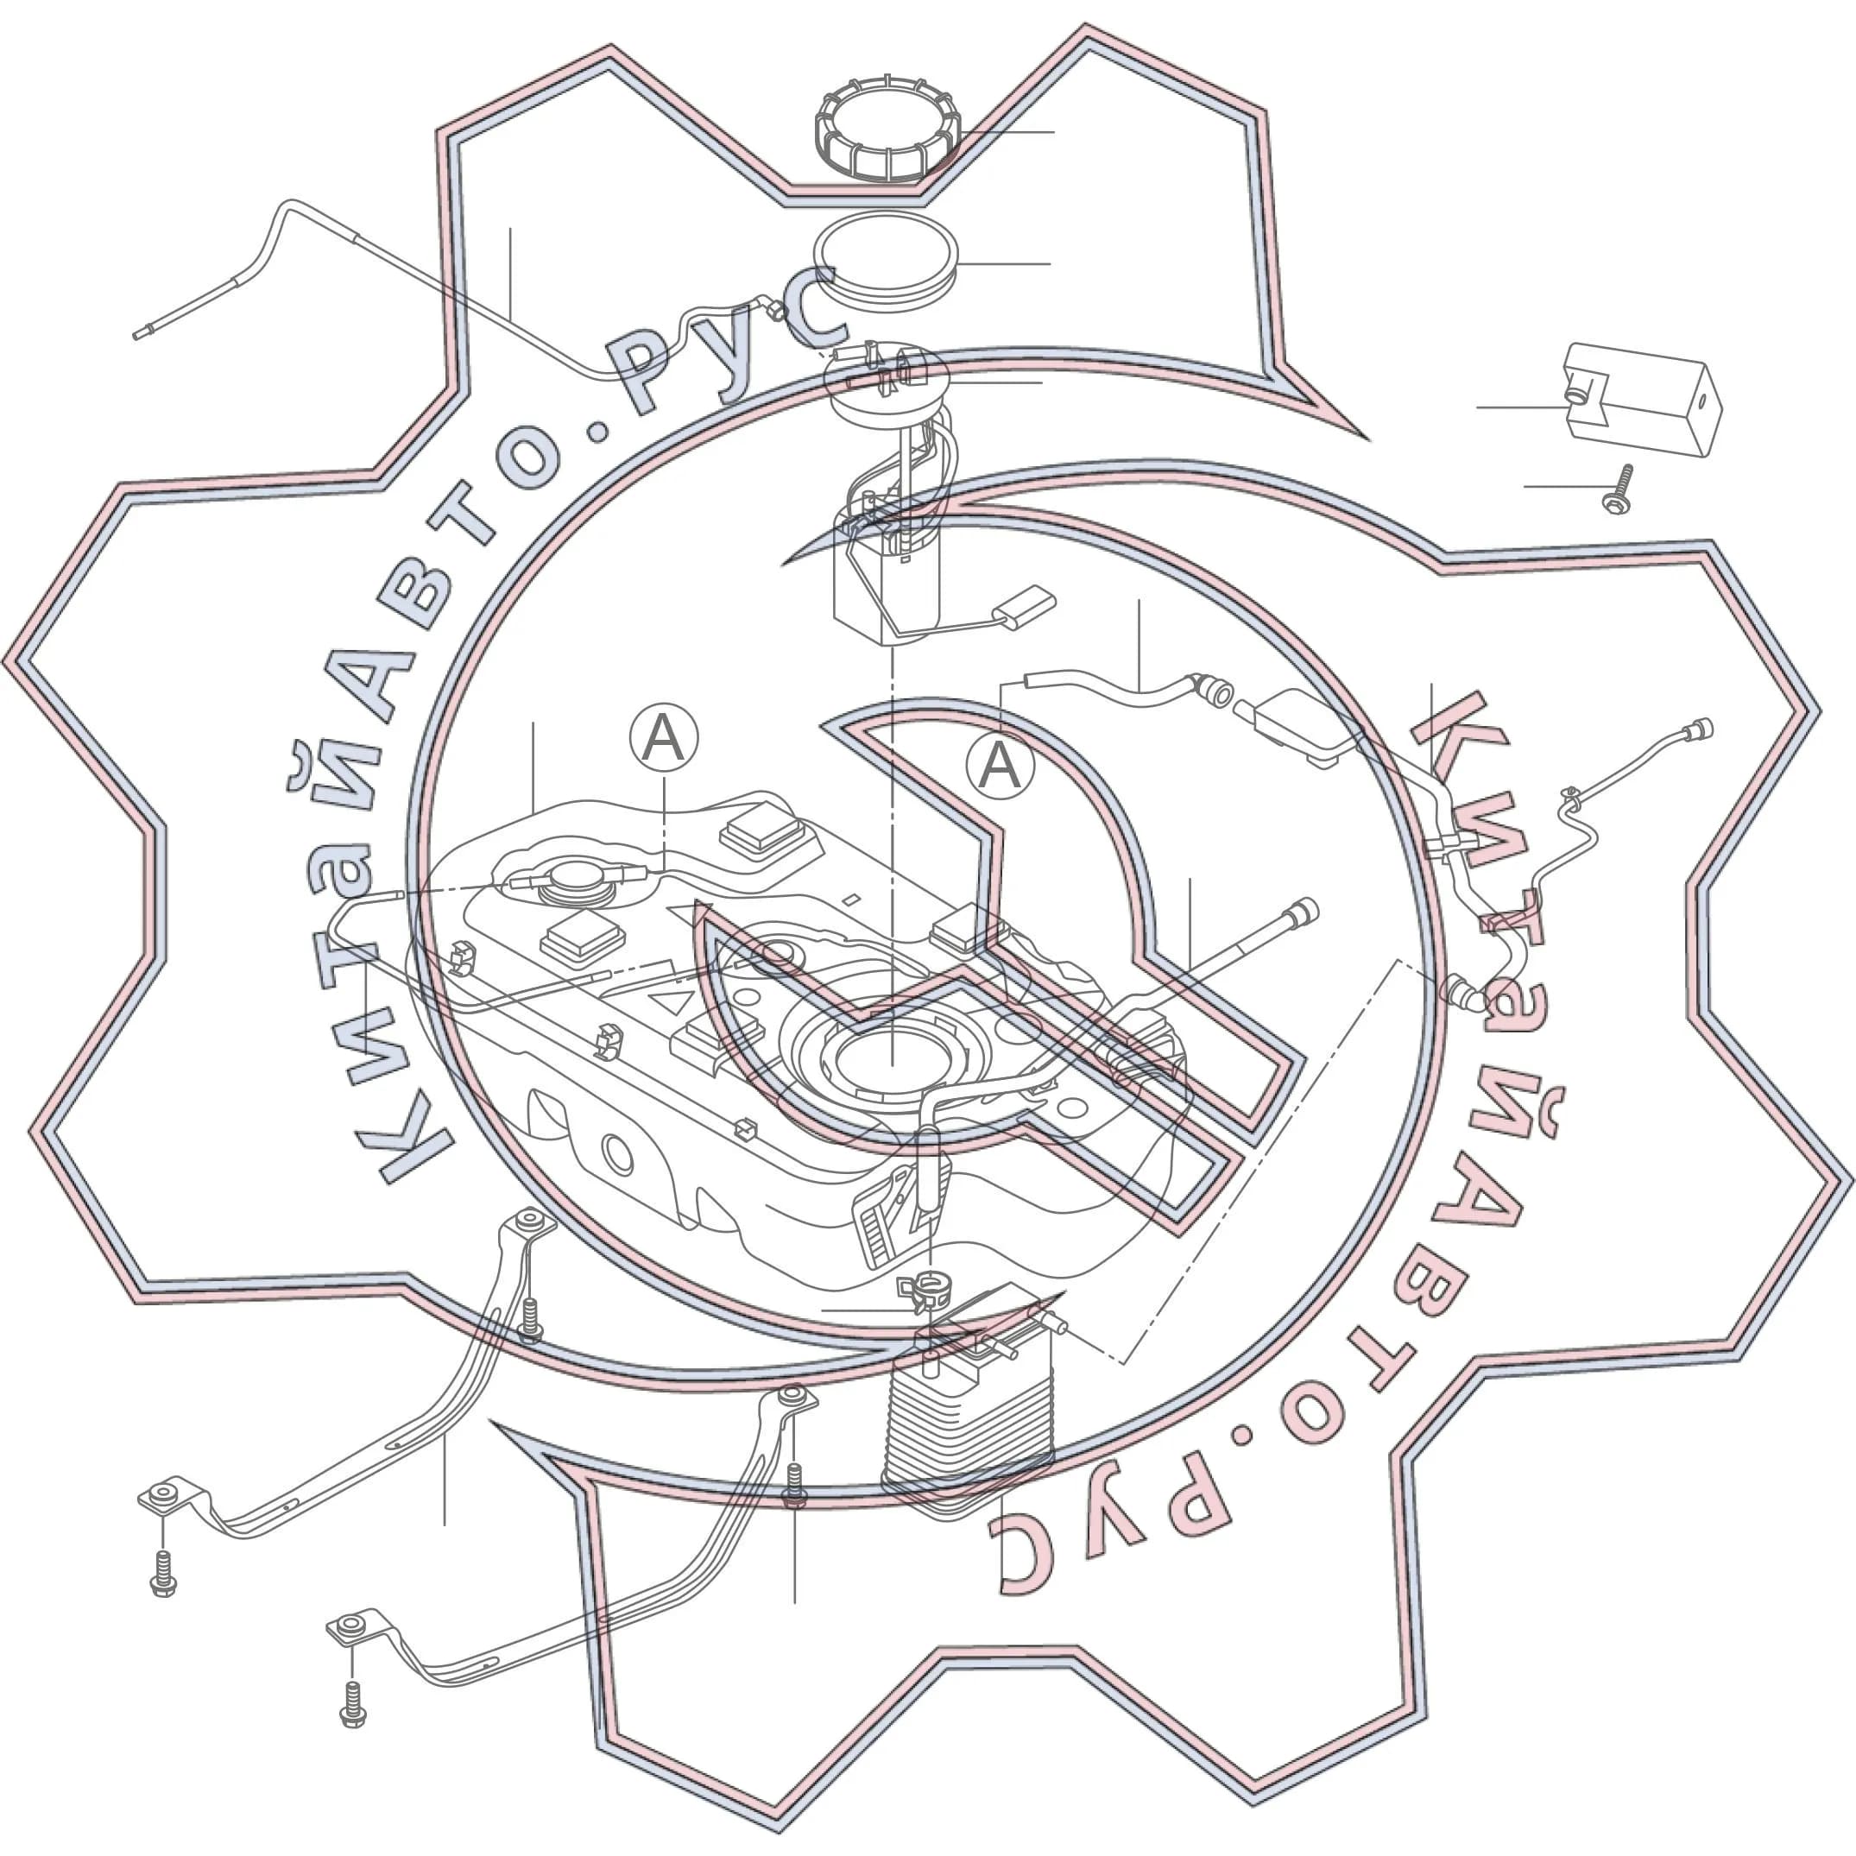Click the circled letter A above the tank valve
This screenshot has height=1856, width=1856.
point(664,738)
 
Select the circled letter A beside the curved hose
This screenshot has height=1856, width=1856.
point(1000,767)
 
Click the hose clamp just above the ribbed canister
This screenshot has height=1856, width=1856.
point(926,1291)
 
